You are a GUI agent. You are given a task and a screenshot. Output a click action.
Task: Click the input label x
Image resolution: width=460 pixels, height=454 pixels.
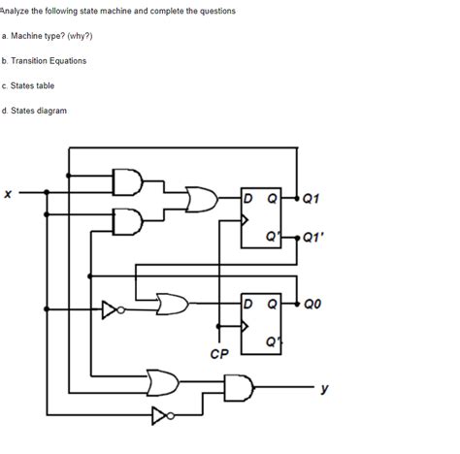coord(8,195)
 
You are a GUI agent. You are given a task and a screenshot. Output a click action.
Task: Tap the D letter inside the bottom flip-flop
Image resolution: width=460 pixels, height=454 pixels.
coord(250,303)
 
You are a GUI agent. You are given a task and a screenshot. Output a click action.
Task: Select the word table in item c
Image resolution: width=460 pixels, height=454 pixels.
coord(56,85)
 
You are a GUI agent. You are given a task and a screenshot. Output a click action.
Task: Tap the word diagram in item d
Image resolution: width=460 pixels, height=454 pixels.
coord(51,111)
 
